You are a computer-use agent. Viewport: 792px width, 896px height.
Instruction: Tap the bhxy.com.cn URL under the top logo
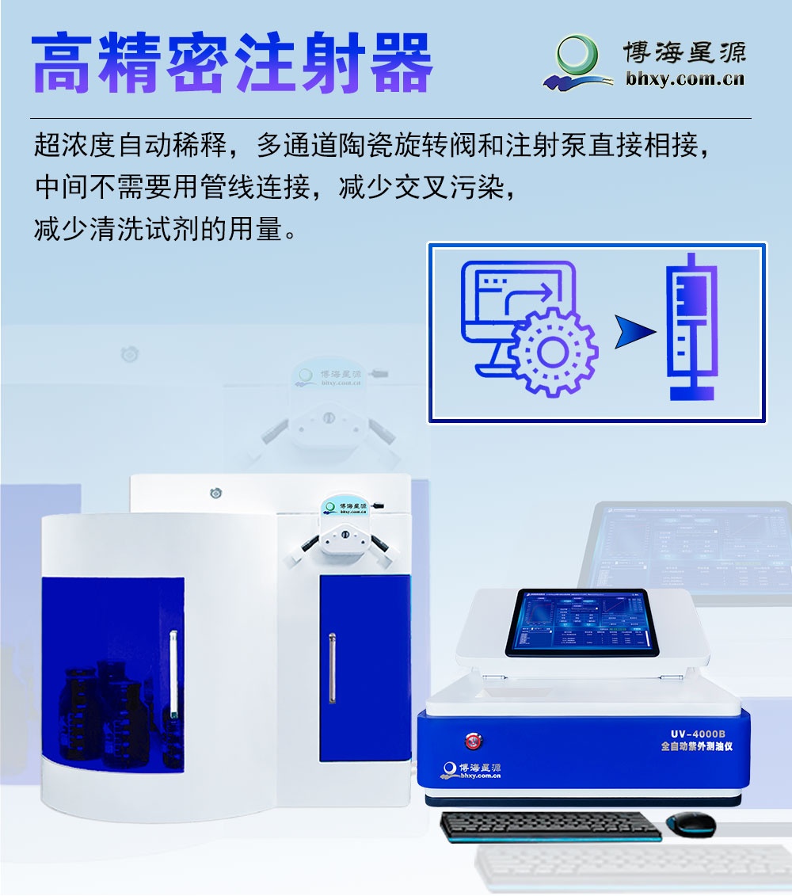click(684, 78)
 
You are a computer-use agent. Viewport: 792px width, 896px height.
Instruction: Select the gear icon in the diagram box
click(552, 349)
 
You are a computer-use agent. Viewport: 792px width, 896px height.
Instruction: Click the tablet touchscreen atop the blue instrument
click(581, 622)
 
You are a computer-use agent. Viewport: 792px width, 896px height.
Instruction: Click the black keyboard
click(550, 825)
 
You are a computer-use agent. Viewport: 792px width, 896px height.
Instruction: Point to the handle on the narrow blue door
click(332, 668)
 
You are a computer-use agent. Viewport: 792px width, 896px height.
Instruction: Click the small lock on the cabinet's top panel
click(215, 494)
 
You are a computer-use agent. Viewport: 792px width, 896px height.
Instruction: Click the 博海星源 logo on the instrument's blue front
click(471, 770)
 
